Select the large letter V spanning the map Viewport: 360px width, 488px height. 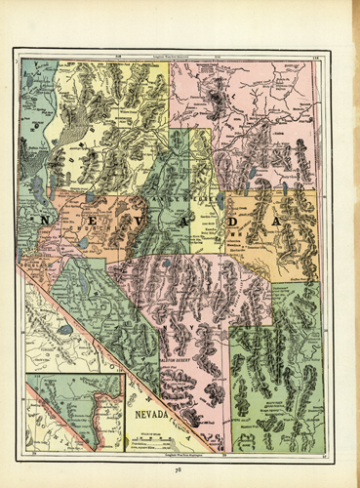140,223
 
